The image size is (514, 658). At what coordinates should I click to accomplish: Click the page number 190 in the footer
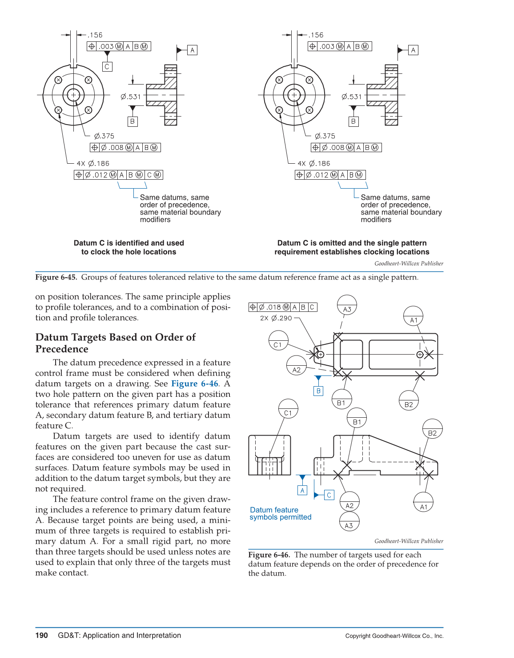click(x=41, y=635)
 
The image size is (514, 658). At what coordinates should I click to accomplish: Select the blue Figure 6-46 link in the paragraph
click(x=194, y=383)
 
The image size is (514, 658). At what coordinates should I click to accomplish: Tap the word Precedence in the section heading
click(x=62, y=349)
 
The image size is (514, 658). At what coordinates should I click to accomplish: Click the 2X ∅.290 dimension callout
click(x=276, y=318)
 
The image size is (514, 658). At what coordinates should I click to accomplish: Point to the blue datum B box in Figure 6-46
click(x=318, y=391)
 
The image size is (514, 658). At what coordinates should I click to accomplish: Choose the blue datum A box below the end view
click(x=302, y=490)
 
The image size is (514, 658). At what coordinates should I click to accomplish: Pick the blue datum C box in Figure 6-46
click(x=329, y=495)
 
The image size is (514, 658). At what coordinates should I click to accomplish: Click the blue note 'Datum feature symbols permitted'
click(x=280, y=513)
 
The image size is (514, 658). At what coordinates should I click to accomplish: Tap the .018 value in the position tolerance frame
click(x=274, y=307)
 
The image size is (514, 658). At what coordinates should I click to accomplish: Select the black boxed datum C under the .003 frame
click(x=107, y=67)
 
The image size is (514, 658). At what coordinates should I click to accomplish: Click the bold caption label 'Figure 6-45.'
click(x=56, y=277)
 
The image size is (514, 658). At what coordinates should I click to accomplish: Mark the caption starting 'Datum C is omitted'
click(x=352, y=247)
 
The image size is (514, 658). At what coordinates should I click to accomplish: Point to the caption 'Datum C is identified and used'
click(x=128, y=247)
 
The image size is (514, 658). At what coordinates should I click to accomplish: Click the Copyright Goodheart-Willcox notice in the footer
click(x=394, y=636)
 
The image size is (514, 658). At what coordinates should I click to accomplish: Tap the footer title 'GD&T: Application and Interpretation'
click(x=119, y=635)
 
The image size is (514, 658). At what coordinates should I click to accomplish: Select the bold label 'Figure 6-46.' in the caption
click(x=269, y=555)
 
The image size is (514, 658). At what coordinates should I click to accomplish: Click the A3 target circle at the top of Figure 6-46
click(x=347, y=305)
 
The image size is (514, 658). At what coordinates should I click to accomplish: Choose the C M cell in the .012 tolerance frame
click(x=154, y=175)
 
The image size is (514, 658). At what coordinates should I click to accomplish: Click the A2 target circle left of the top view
click(x=297, y=366)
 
